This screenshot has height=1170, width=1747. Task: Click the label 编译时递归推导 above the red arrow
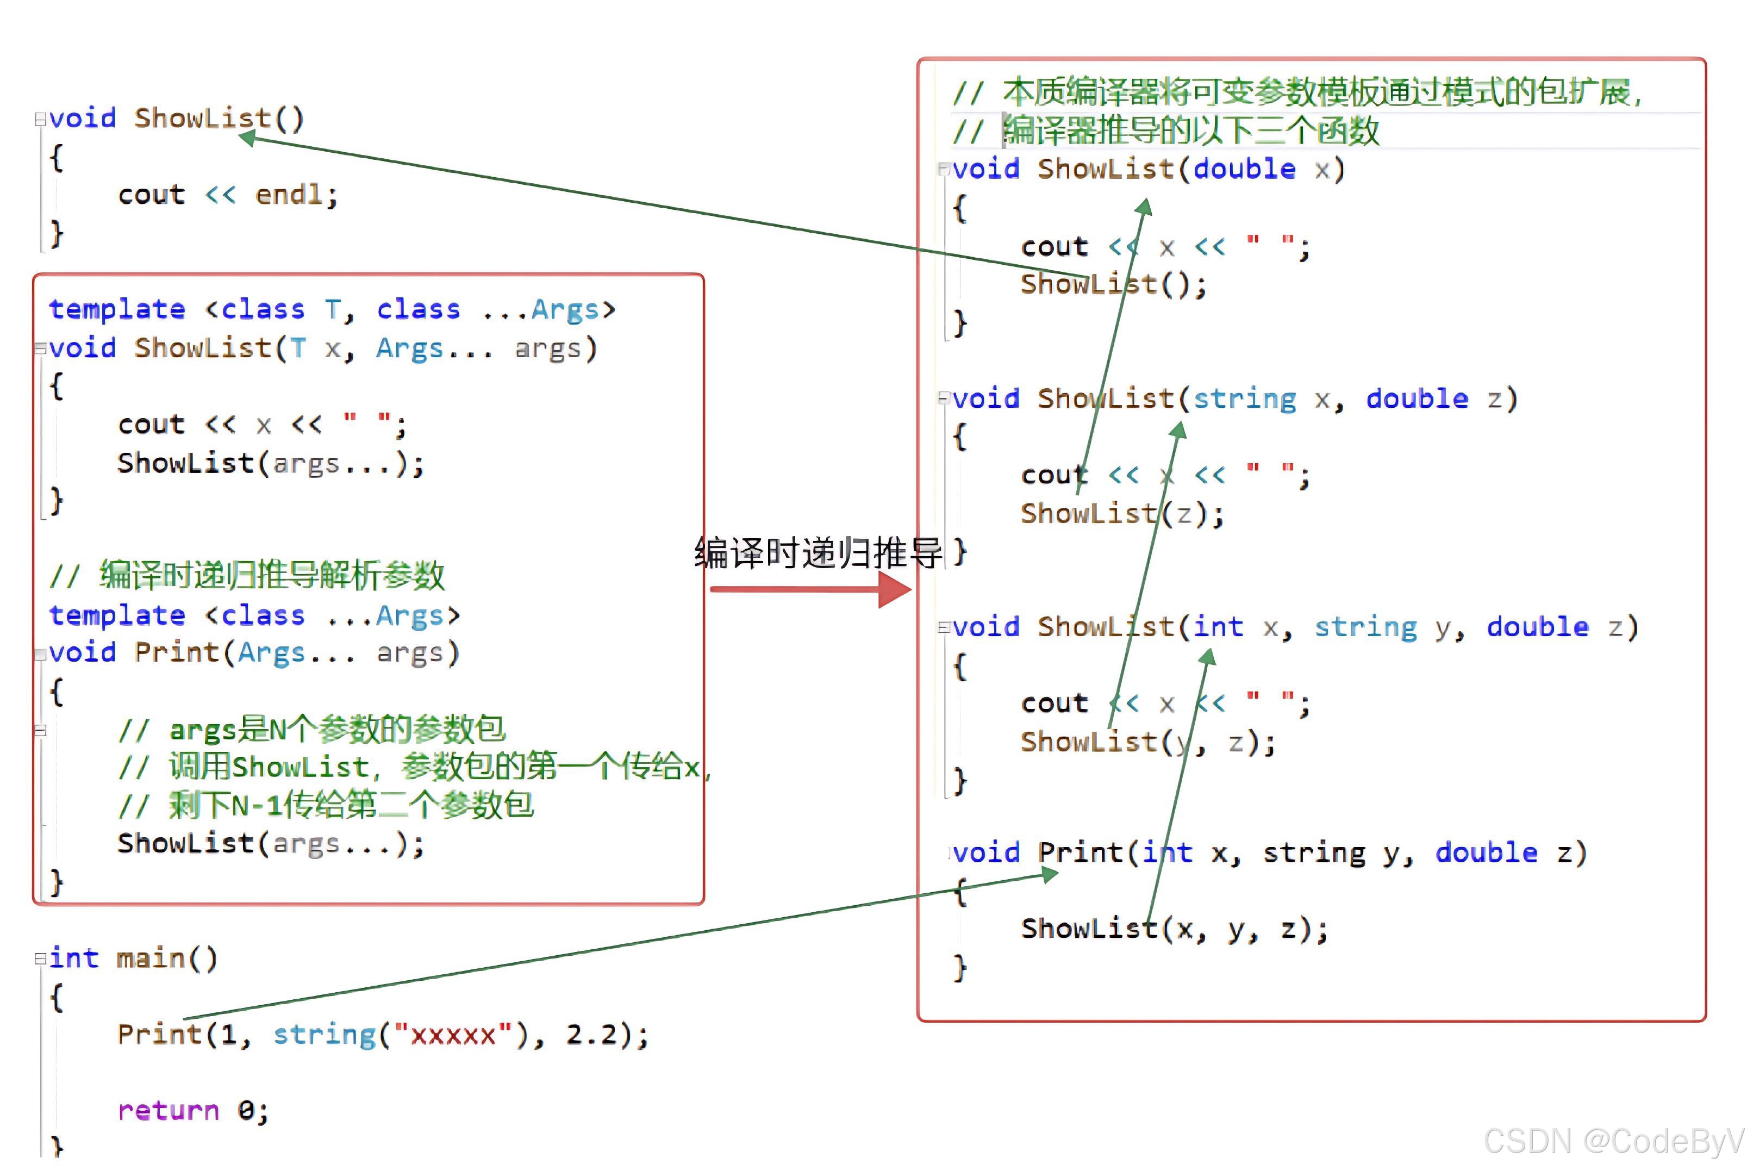[x=818, y=553]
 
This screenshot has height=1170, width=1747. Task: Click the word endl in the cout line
[x=289, y=195]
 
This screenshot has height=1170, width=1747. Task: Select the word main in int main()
[x=151, y=957]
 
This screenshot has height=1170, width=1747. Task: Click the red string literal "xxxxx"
[x=453, y=1035]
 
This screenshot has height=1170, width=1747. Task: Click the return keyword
[x=169, y=1110]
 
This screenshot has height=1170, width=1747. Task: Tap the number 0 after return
[x=245, y=1110]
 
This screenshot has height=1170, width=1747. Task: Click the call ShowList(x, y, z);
[x=1174, y=929]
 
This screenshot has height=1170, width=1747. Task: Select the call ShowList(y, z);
[x=1148, y=743]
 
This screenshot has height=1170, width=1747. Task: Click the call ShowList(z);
[x=1122, y=514]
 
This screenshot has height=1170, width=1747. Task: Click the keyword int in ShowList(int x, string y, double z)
[x=1218, y=627]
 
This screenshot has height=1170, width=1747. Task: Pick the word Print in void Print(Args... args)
[x=177, y=652]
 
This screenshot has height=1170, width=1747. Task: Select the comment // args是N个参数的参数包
[x=312, y=729]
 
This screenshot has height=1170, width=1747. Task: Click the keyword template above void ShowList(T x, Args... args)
[x=117, y=309]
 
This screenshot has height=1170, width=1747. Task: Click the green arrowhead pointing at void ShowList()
[x=248, y=138]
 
